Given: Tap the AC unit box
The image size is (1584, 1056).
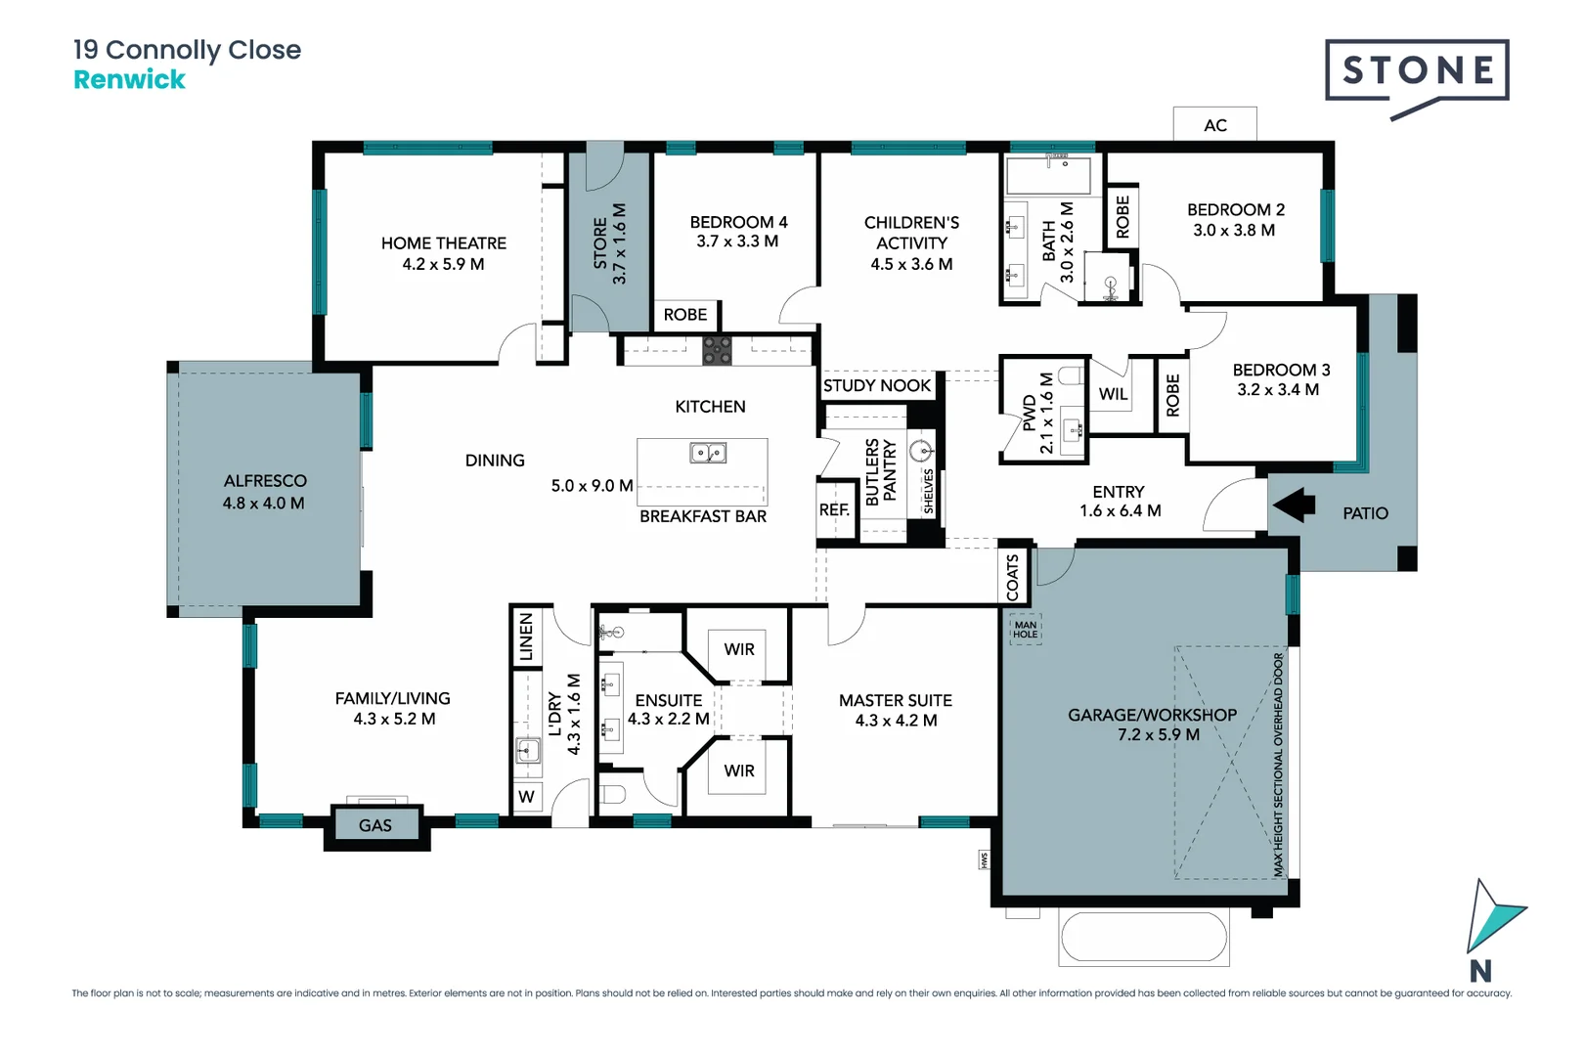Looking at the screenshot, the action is coord(1214,124).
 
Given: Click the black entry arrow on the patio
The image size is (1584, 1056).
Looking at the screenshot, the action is coord(1294,505).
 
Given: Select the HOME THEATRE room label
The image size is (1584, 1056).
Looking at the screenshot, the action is coord(443,243).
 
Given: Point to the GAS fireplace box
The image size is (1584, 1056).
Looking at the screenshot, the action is coord(375,825).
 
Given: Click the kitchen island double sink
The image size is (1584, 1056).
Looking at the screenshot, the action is coord(708,453).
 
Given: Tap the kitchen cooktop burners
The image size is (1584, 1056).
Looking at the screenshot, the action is coord(717,351).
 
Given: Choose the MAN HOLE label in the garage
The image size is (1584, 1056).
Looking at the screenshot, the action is coord(1026,630).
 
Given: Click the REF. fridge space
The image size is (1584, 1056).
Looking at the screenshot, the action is coord(835,509).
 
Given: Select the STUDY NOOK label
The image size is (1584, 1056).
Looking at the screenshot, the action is coord(877,385).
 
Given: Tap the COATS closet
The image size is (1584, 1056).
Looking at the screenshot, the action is coord(1013,577).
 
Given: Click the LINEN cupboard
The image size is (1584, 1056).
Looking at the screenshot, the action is coord(525,637).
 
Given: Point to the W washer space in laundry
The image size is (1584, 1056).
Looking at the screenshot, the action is coord(526,797).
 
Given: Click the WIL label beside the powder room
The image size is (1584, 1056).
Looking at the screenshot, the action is coord(1113,394).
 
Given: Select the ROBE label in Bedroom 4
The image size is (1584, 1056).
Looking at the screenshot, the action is coord(684,315).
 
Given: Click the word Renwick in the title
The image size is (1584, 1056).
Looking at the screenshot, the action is coord(129,80).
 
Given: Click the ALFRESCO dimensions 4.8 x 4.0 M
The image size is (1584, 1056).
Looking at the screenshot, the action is coord(264,504).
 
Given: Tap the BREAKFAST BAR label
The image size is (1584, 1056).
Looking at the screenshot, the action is coord(703,517).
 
